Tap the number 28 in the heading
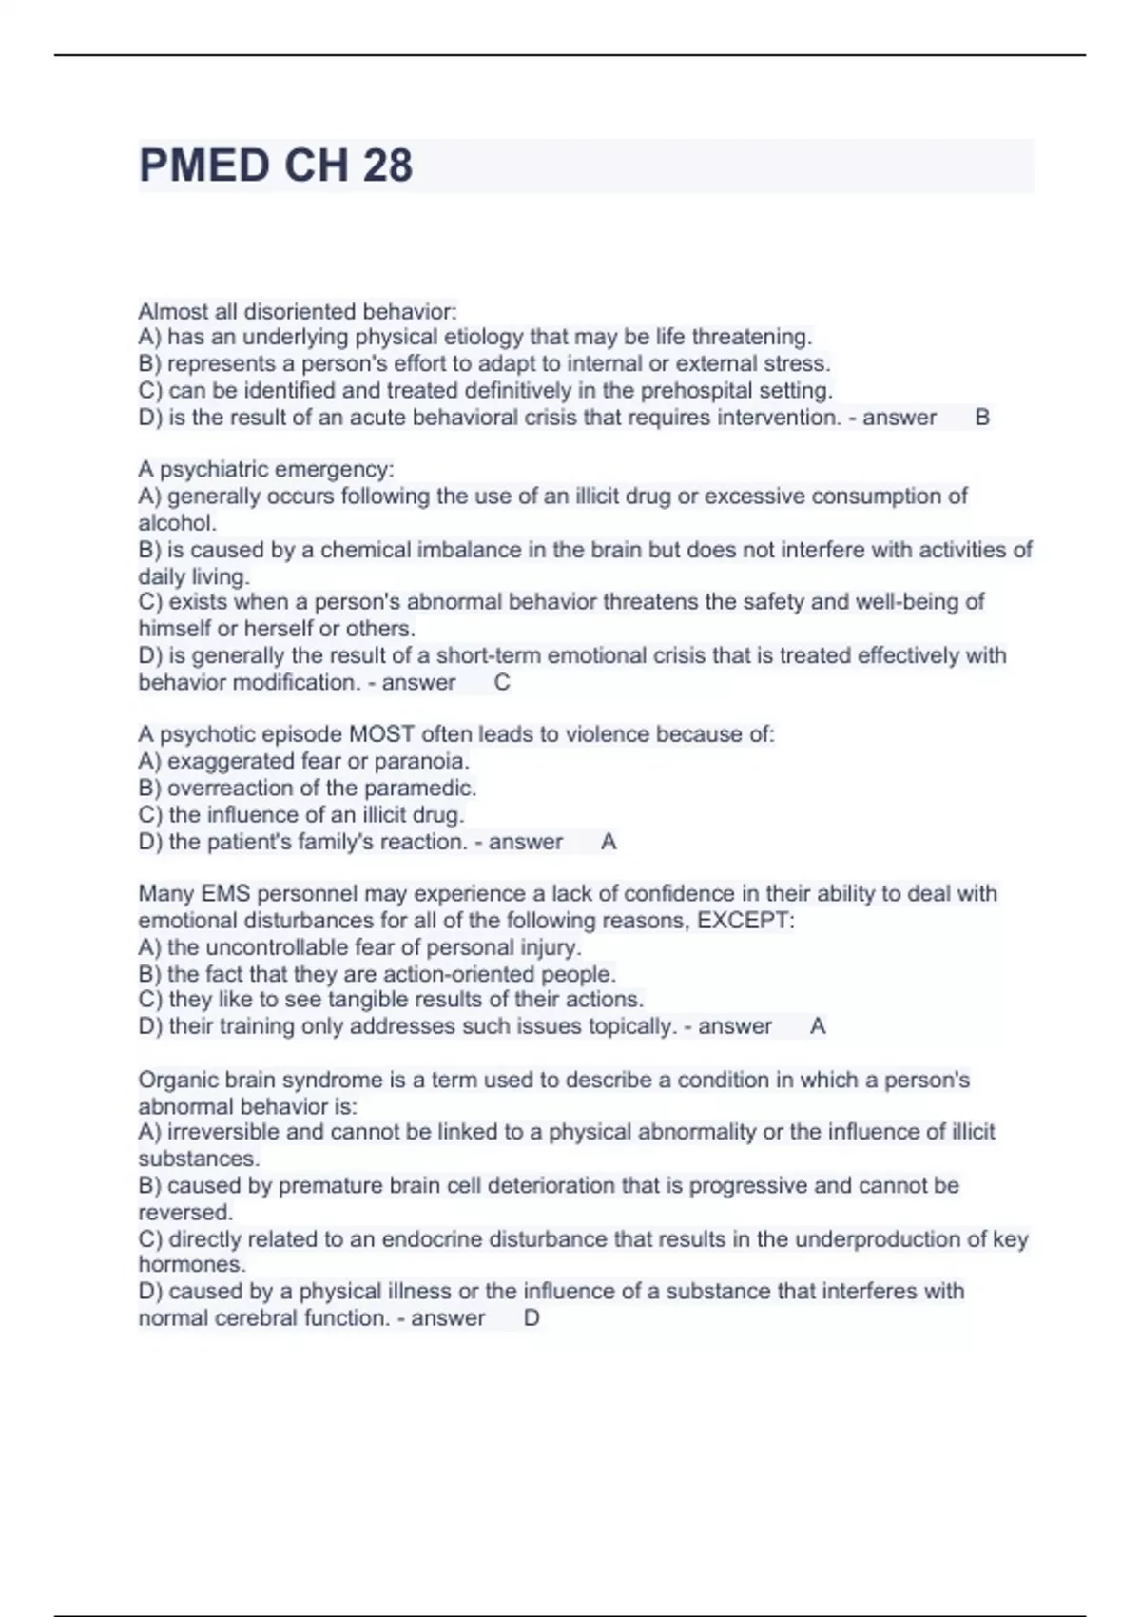[x=387, y=166]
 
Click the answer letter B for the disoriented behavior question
[x=983, y=418]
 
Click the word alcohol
[x=176, y=523]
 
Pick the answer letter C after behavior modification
[x=502, y=683]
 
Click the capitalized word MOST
[x=382, y=734]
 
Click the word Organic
[x=177, y=1081]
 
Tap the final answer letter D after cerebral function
[x=532, y=1318]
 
